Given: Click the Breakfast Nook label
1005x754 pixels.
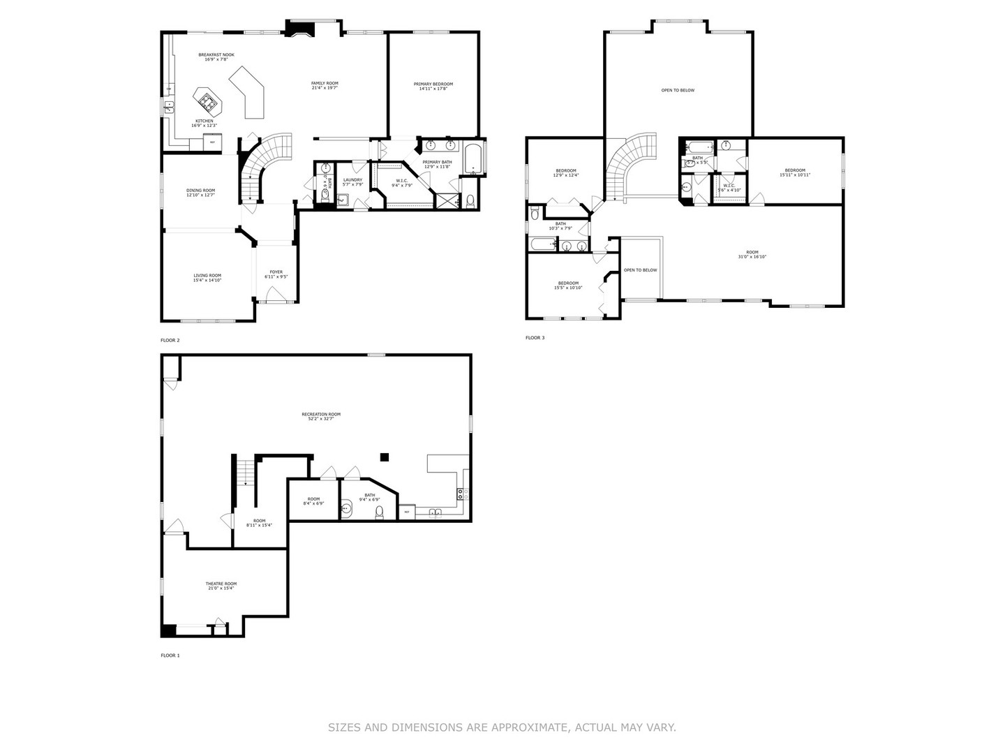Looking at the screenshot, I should click(216, 57).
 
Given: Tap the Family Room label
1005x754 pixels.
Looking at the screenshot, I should click(325, 85).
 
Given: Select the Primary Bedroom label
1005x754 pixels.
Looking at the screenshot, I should click(433, 86).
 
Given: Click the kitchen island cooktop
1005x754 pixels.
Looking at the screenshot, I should click(207, 103).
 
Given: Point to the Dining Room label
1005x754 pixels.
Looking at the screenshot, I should click(200, 192).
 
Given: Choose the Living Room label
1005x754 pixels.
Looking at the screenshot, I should click(207, 277).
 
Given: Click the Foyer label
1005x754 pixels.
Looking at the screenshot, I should click(276, 274).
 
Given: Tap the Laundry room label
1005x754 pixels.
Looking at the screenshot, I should click(352, 182).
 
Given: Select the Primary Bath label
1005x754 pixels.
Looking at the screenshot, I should click(437, 164).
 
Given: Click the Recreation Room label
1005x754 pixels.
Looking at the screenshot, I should click(322, 416).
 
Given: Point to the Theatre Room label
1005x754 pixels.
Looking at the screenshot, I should click(221, 586).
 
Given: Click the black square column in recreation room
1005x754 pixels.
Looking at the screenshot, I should click(384, 457).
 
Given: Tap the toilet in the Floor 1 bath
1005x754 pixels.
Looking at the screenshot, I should click(380, 512).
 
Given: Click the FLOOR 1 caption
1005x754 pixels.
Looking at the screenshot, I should click(170, 656).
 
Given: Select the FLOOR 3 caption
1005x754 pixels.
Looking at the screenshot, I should click(535, 338).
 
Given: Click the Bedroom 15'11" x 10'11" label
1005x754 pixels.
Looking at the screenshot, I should click(795, 172).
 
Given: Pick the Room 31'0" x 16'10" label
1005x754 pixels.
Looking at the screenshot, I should click(752, 254).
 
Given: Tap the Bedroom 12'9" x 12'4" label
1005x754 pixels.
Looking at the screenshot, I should click(566, 172).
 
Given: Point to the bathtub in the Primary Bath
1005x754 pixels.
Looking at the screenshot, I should click(474, 159).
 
